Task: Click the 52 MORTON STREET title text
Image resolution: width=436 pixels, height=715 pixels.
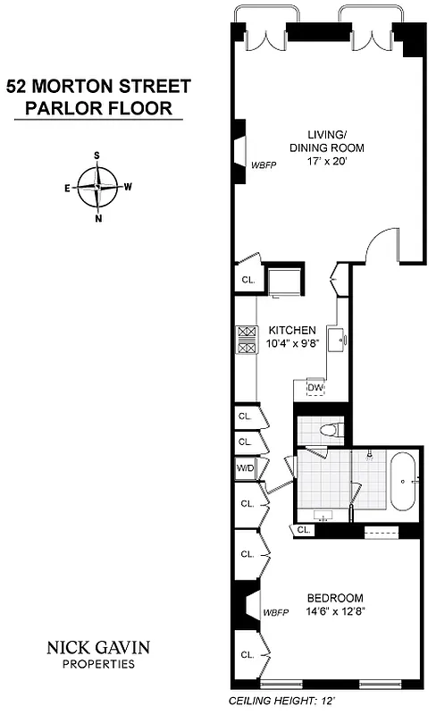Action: (x=98, y=87)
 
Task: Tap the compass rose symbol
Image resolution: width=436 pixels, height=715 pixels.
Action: (x=97, y=187)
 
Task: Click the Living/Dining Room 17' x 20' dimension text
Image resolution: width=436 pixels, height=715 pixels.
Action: (x=327, y=163)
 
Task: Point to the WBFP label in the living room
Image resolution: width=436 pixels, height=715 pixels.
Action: (x=263, y=164)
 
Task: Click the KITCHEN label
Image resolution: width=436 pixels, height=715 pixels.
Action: (x=291, y=331)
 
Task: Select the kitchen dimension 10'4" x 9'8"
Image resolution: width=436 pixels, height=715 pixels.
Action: (x=291, y=344)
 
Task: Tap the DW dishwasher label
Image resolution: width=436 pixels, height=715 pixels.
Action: (x=314, y=387)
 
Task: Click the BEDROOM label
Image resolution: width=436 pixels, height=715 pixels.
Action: (x=335, y=598)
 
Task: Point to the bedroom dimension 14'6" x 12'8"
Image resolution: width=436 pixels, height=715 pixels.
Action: (x=335, y=612)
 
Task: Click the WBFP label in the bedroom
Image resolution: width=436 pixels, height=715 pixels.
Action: (x=274, y=612)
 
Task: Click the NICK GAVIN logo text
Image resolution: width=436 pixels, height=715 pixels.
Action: (x=98, y=647)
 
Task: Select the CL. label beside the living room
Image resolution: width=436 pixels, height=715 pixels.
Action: (x=247, y=280)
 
